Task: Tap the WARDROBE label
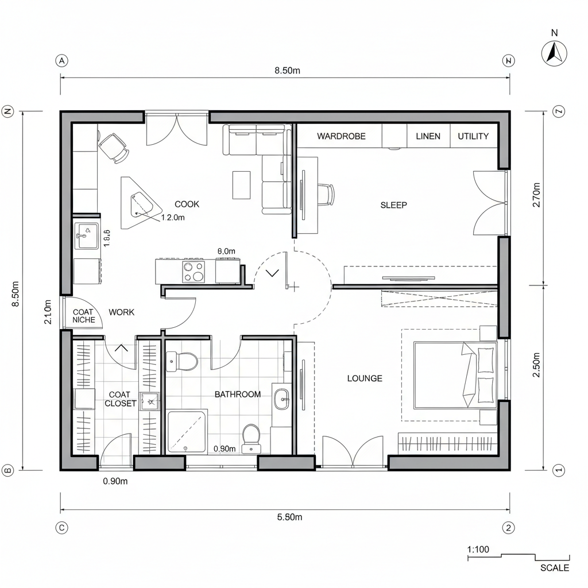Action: tap(341, 136)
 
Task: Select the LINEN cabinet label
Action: tap(428, 136)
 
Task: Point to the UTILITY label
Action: tap(473, 136)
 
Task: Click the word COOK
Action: tap(187, 204)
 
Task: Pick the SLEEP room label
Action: tap(394, 205)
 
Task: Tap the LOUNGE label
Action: tap(365, 378)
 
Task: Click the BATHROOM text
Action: tap(238, 394)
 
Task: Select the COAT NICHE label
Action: tap(84, 316)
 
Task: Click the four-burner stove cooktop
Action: tap(194, 271)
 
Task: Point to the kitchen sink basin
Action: tap(87, 235)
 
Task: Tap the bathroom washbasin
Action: tap(281, 399)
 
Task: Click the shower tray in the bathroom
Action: tap(187, 431)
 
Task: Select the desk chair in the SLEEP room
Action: tap(325, 194)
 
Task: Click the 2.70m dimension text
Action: tap(537, 195)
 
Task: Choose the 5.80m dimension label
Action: tap(289, 517)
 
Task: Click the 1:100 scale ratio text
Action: tap(478, 550)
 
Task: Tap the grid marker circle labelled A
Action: tap(61, 61)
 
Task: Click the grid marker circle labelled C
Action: tap(61, 527)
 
